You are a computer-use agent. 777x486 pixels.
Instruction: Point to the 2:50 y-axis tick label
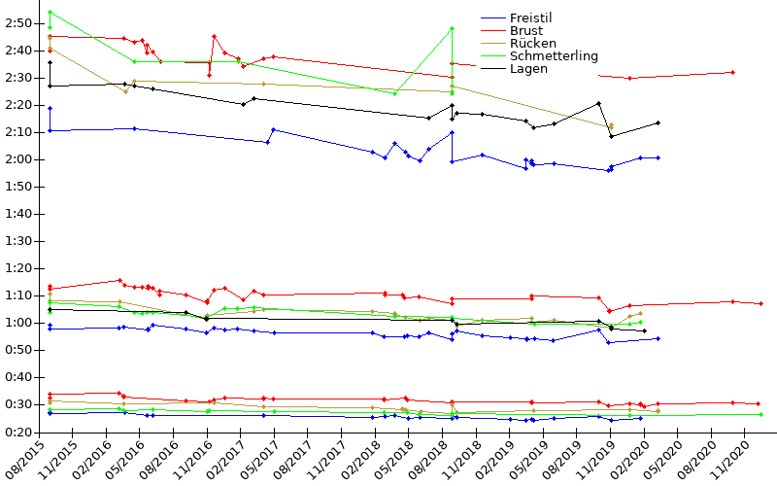pos(19,22)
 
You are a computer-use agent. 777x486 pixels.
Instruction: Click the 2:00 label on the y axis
pos(19,159)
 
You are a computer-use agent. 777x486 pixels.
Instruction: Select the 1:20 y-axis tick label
pos(19,268)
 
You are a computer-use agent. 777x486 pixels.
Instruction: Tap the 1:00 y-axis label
pos(19,323)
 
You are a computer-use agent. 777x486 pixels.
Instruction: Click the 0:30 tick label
pos(19,404)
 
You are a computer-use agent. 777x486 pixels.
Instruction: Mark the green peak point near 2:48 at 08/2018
pos(453,28)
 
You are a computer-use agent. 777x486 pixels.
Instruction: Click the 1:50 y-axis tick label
pos(19,187)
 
